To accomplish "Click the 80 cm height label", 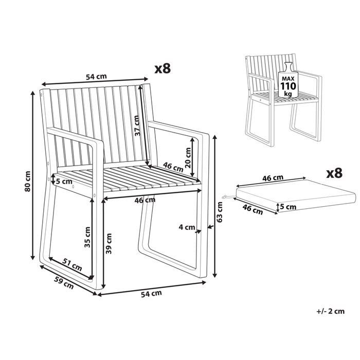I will (x=29, y=181).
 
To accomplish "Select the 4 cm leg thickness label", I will (x=186, y=227).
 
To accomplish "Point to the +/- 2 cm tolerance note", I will (x=331, y=311).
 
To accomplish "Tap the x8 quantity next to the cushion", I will (x=334, y=173).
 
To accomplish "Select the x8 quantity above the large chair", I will (x=163, y=68).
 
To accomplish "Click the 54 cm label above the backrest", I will (x=96, y=77).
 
